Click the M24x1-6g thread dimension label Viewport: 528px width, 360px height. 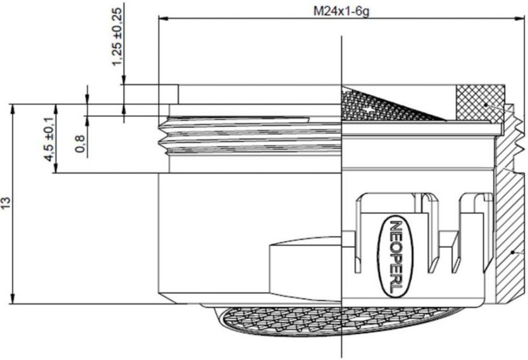341,11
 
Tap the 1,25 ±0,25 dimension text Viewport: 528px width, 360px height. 117,36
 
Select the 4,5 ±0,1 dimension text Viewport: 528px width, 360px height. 49,139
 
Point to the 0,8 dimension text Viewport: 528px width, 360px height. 80,143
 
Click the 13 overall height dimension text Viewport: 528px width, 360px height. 6,203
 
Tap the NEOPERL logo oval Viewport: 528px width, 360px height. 395,257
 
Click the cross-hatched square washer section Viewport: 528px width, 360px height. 480,103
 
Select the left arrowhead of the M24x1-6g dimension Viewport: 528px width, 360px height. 163,19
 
